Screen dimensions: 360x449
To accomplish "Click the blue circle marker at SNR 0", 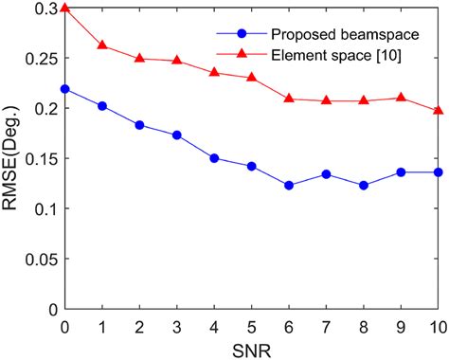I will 64,89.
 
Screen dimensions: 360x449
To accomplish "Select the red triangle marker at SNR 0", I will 64,9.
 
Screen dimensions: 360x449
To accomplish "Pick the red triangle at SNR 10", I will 439,111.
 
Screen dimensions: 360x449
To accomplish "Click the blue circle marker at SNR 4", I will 214,158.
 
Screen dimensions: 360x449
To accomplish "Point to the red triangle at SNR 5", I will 252,77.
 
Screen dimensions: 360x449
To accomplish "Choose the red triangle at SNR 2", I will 139,59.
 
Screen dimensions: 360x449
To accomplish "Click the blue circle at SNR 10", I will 439,172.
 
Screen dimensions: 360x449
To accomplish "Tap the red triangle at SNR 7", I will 327,100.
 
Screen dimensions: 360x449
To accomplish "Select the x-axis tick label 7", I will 327,326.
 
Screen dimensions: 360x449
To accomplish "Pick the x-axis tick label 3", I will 177,326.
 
